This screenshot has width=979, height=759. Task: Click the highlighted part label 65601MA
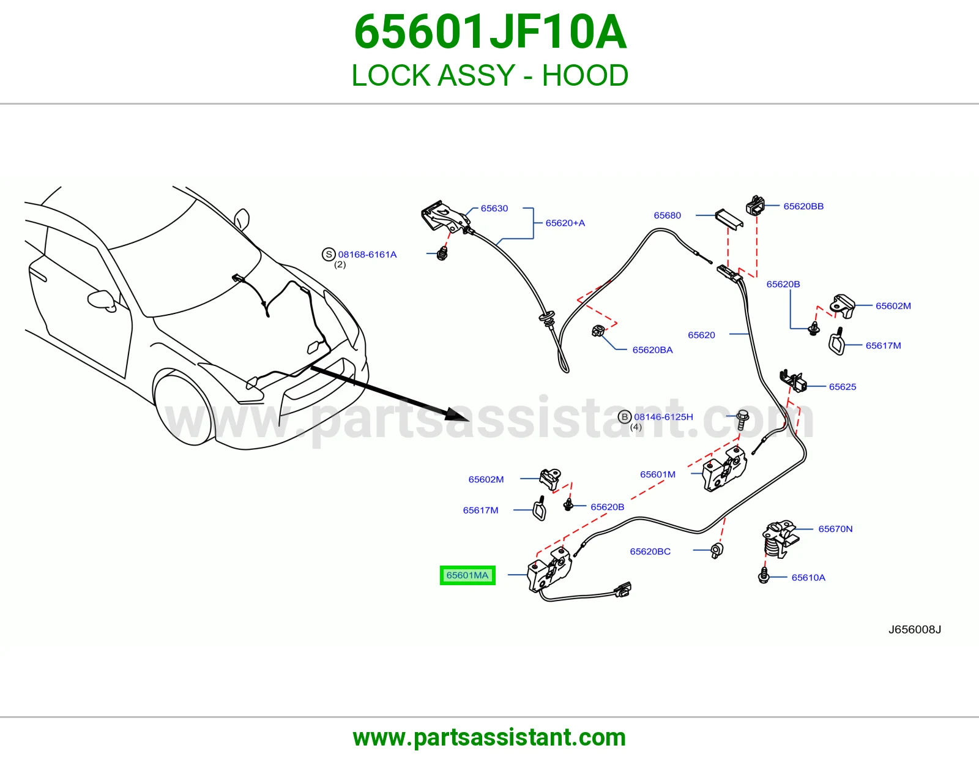(467, 575)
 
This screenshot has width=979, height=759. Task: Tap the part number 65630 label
(494, 208)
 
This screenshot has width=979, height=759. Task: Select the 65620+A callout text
(565, 223)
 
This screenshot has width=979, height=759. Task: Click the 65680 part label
(667, 215)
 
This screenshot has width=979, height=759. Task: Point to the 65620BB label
(803, 206)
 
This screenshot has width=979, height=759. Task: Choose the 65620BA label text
(652, 350)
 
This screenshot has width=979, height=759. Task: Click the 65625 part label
(843, 387)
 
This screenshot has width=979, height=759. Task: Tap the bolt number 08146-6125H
(663, 417)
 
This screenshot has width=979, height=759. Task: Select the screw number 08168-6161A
(367, 254)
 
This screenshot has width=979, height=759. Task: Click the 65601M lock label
(658, 474)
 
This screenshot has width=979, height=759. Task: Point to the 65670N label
(835, 529)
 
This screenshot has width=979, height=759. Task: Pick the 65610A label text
(808, 577)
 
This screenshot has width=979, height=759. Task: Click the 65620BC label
(650, 551)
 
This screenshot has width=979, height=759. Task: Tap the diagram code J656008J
(915, 630)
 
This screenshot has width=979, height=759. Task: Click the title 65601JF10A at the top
(490, 32)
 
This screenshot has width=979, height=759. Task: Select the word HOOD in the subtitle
(585, 75)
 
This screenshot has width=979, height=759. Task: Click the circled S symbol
(329, 254)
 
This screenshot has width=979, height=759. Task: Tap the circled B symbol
(625, 417)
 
